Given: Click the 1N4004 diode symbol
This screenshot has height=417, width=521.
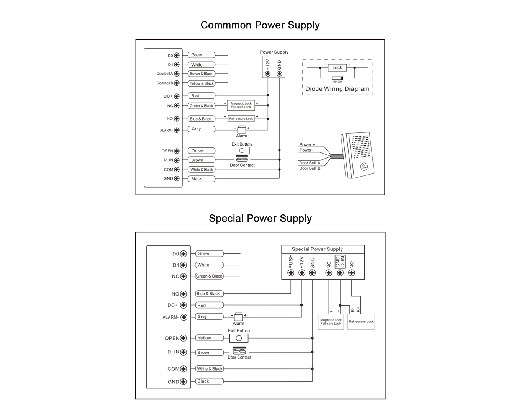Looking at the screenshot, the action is pos(337,78).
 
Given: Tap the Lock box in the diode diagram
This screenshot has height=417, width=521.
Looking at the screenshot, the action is pos(337,67).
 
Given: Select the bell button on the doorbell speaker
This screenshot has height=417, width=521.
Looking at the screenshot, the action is pos(364,167).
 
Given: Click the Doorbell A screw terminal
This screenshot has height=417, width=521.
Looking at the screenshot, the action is pos(177,74).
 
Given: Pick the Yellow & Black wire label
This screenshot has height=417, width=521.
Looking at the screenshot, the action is pos(202,83).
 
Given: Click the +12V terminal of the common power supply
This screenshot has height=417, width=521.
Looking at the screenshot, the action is pos(268,74).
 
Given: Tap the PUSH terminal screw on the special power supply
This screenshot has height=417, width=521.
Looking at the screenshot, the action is pos(290,273).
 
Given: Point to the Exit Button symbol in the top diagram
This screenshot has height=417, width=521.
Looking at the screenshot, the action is pos(242,150).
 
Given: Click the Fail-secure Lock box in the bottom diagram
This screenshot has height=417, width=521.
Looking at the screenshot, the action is pos(361,321).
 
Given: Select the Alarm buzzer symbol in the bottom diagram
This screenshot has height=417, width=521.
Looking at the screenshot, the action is pos(238,317).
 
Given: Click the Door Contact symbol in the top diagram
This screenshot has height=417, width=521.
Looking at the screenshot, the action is pos(242,159).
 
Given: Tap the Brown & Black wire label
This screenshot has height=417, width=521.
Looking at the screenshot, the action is pos(202,74).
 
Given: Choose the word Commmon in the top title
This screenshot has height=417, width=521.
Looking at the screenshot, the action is pos(226,25).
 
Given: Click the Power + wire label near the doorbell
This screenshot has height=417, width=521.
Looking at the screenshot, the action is pos(307,144).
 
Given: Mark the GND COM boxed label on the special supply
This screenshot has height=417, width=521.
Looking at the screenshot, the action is pos(340,262).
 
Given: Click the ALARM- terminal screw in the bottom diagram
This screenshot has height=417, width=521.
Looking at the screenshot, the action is pos(184,317).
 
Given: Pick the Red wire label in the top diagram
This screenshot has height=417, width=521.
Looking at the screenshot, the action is pos(202,96).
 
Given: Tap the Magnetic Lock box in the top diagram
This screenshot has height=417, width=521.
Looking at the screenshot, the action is pos(241,105).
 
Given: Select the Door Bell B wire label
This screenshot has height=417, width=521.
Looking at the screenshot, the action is pos(310,168).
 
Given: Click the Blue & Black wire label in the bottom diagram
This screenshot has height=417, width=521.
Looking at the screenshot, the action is pos(209,294).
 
